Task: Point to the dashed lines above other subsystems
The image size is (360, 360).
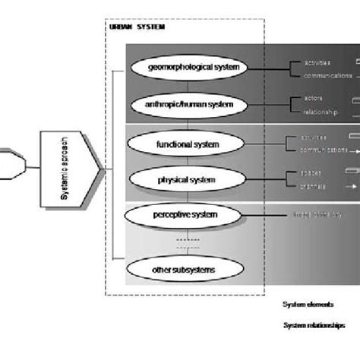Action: click(187, 242)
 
